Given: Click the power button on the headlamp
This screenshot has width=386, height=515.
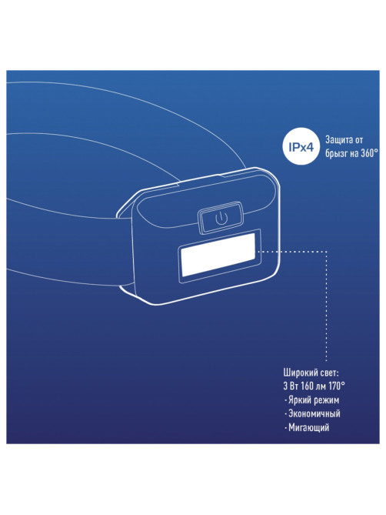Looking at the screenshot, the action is pyautogui.click(x=221, y=218).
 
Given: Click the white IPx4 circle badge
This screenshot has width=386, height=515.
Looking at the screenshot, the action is pyautogui.click(x=301, y=148).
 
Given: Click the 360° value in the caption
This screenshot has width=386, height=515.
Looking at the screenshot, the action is pyautogui.click(x=369, y=153).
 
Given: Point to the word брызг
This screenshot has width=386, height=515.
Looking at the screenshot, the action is pyautogui.click(x=337, y=153).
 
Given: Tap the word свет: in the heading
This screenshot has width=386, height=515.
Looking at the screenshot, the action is pyautogui.click(x=330, y=373).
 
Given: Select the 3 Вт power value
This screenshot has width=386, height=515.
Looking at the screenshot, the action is pyautogui.click(x=291, y=386).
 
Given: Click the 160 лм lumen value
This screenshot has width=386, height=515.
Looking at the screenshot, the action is pyautogui.click(x=314, y=386).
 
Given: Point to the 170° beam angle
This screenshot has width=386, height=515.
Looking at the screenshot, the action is pyautogui.click(x=337, y=386).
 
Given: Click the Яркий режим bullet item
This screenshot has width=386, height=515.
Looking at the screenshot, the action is pyautogui.click(x=312, y=400).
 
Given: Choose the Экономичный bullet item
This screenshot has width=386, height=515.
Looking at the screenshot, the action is pyautogui.click(x=312, y=413).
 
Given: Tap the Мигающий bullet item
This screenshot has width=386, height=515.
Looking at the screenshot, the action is pyautogui.click(x=307, y=428).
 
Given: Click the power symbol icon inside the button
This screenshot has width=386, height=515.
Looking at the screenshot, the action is pyautogui.click(x=221, y=218).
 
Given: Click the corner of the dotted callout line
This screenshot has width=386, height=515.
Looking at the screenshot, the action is pyautogui.click(x=326, y=251).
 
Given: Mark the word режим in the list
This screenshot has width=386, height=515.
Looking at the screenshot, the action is pyautogui.click(x=326, y=400).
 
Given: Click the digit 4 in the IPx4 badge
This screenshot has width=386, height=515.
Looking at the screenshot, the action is pyautogui.click(x=309, y=148).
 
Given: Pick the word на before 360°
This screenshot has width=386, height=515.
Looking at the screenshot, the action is pyautogui.click(x=354, y=153).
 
